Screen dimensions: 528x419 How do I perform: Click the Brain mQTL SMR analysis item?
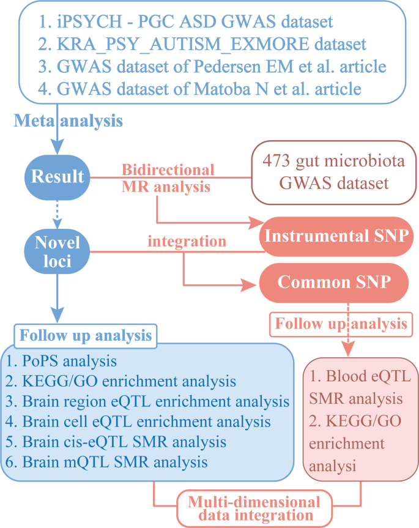pos(114,462)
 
